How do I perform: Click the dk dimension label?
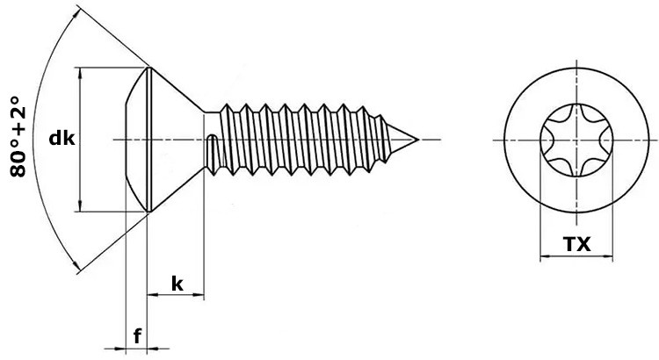(61, 138)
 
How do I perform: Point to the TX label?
(576, 247)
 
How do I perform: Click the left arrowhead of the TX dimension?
(540, 257)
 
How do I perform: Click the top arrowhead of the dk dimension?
(80, 72)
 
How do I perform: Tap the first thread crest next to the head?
(227, 110)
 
